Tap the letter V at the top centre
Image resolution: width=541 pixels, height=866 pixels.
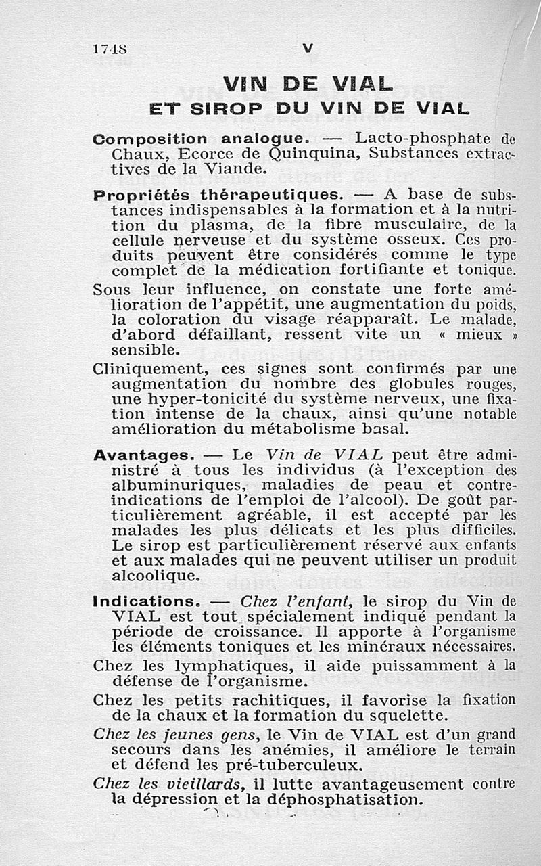(308, 47)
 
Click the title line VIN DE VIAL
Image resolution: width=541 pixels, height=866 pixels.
(308, 84)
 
